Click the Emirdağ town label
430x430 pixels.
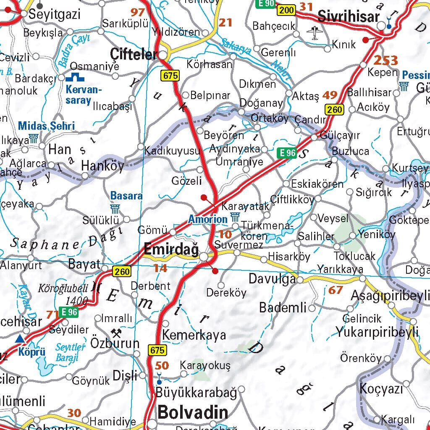tap(171, 249)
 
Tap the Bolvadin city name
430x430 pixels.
tap(193, 412)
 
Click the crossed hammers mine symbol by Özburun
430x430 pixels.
tap(116, 333)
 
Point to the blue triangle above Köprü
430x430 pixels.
tap(20, 339)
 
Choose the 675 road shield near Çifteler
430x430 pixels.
tap(170, 76)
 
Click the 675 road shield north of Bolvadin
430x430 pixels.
tap(157, 350)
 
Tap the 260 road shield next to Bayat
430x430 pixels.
tap(121, 272)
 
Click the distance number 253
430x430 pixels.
tap(385, 60)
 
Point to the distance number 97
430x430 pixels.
tap(137, 12)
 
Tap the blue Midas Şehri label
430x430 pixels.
tap(46, 126)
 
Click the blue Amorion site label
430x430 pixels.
tap(207, 219)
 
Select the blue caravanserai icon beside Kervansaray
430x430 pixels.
tap(76, 77)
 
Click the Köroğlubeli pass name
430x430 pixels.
tap(63, 288)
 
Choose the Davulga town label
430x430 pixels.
tap(272, 278)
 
